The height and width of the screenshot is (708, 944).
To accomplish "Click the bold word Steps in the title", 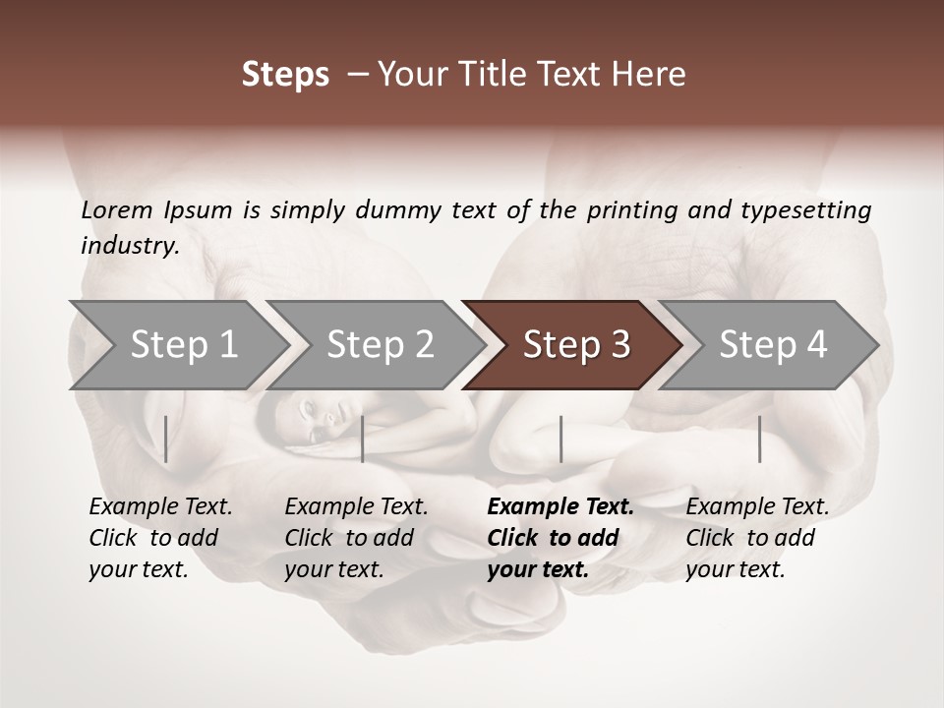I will (x=285, y=75).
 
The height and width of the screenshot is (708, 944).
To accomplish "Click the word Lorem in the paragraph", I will (x=116, y=209).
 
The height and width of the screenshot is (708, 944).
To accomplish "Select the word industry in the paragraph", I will (x=129, y=246).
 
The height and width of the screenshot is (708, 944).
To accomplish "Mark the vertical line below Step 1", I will (x=166, y=439).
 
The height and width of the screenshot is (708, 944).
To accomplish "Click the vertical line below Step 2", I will (x=363, y=439).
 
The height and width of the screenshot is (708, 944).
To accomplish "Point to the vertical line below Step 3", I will (x=560, y=439).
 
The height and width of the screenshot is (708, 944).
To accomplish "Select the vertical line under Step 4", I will (x=759, y=439).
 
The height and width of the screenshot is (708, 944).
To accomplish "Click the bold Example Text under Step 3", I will (x=560, y=507).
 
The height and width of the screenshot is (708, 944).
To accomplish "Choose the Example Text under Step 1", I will (x=160, y=507).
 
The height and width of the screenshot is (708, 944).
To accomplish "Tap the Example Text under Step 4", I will (x=757, y=507).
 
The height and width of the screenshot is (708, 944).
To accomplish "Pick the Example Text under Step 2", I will (x=356, y=507).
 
